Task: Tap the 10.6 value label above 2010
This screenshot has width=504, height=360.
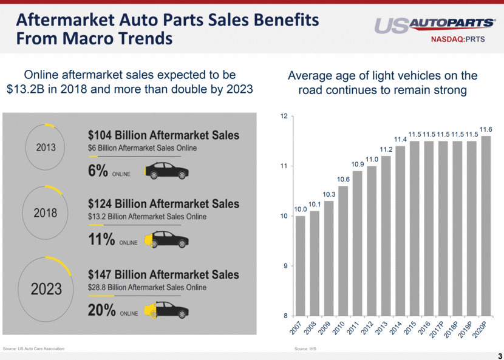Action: [343, 179]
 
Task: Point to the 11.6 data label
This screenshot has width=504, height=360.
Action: [486, 129]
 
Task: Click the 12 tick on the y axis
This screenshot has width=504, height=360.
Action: [283, 116]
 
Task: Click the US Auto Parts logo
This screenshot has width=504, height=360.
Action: [434, 25]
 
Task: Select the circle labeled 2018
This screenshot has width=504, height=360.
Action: [46, 213]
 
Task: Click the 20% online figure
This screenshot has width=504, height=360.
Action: [102, 310]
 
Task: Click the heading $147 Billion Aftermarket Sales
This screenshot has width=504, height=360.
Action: [163, 274]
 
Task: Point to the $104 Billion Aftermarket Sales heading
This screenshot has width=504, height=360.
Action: [163, 135]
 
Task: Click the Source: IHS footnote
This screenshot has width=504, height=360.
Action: [305, 349]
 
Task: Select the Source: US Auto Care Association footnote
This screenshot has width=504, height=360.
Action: [33, 348]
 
